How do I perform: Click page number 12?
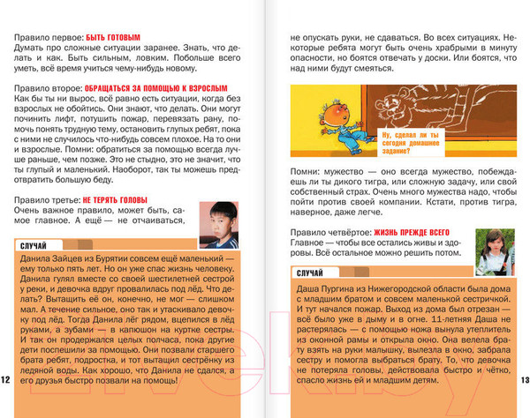(x=5, y=379)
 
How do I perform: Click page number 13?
(x=523, y=379)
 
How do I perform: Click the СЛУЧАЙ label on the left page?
(x=35, y=243)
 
